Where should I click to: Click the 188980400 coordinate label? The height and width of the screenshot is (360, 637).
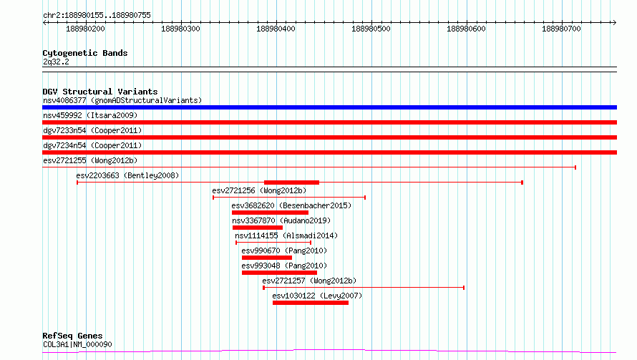click(x=276, y=29)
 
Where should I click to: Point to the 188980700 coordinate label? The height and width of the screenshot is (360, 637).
click(x=561, y=29)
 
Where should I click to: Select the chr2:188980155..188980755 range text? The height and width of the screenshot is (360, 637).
click(x=97, y=15)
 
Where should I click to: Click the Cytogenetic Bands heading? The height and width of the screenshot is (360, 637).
click(x=85, y=53)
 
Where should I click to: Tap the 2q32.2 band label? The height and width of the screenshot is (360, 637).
click(x=56, y=62)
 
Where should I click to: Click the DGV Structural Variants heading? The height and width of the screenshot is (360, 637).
click(x=100, y=92)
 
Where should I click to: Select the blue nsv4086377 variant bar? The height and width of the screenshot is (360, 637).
click(x=329, y=107)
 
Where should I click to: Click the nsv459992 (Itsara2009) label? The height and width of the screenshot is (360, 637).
click(x=90, y=115)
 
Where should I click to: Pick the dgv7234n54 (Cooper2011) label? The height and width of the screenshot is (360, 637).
click(x=92, y=145)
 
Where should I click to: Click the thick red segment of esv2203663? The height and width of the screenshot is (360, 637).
click(x=292, y=183)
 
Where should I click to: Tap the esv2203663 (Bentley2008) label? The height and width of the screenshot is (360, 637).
click(x=127, y=175)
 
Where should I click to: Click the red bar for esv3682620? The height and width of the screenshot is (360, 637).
click(x=270, y=213)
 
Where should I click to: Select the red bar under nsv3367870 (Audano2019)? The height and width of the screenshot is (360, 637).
click(x=258, y=228)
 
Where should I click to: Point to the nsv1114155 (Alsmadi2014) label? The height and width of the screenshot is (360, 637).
click(x=286, y=235)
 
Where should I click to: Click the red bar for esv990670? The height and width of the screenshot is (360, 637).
click(x=267, y=258)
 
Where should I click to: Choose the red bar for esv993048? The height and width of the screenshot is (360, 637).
click(x=280, y=273)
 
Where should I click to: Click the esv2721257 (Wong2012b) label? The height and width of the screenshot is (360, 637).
click(x=309, y=281)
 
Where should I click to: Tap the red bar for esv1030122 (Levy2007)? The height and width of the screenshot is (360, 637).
click(x=311, y=303)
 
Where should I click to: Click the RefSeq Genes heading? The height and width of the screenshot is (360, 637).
click(x=73, y=336)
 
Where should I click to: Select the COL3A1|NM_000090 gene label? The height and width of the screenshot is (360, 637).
click(x=77, y=344)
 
